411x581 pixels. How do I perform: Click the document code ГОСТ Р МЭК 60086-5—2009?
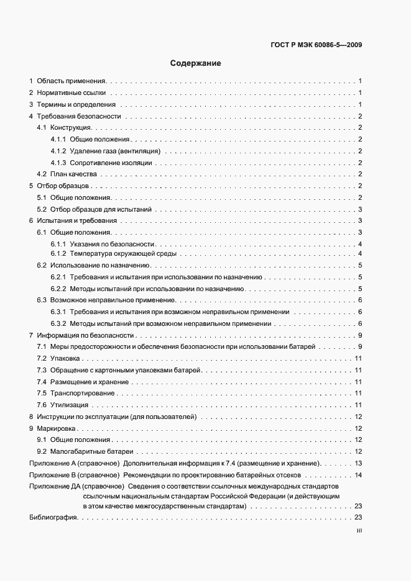(317, 45)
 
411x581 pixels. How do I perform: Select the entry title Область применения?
(72, 81)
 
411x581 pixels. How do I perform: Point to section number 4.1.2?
(58, 151)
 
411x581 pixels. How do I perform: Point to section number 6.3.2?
(58, 323)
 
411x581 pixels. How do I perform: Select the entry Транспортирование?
(83, 393)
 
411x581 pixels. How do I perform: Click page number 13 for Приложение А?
(358, 463)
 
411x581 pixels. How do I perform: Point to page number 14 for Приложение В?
(358, 475)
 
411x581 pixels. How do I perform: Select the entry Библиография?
(53, 518)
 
